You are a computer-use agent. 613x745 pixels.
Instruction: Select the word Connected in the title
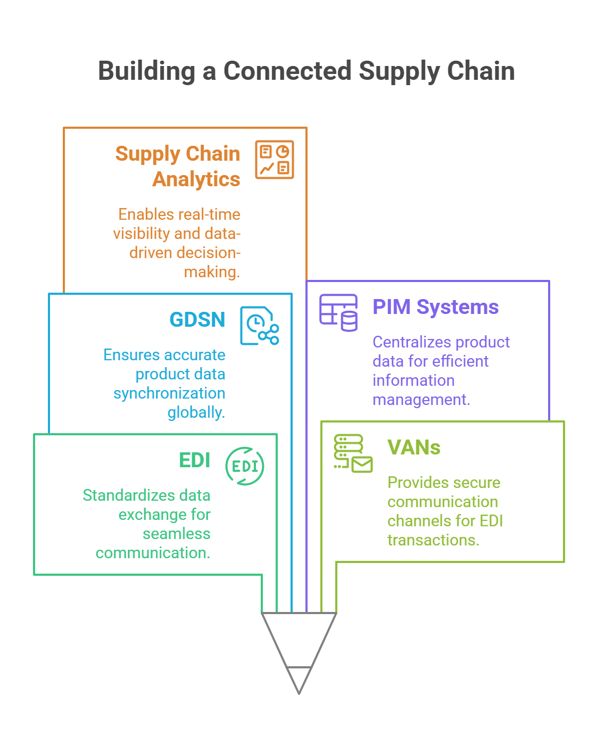point(281,73)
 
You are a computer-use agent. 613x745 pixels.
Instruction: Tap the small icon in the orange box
point(280,162)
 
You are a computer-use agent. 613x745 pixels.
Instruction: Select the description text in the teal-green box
point(149,532)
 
